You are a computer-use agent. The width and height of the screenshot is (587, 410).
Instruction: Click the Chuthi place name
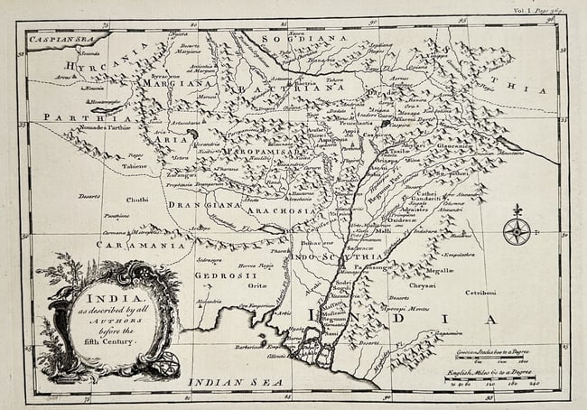(137, 200)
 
